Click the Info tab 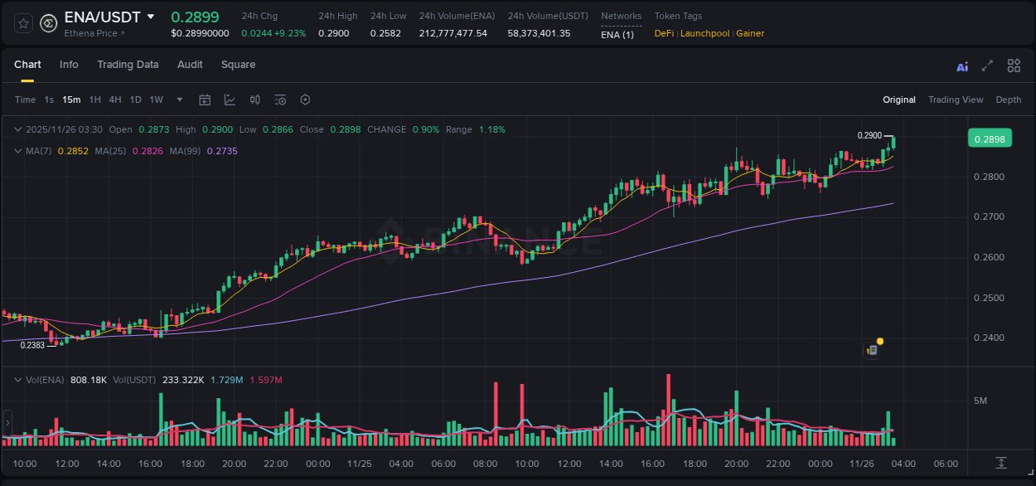click(x=69, y=65)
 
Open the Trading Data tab click(x=128, y=65)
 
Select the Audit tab click(x=190, y=65)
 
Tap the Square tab click(x=238, y=65)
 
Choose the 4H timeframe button click(x=115, y=100)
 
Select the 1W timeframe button click(x=156, y=100)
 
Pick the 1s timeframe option click(x=49, y=100)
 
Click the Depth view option click(x=1009, y=100)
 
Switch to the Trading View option click(x=956, y=100)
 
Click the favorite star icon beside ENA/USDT click(x=23, y=23)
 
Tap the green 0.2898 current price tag click(x=990, y=139)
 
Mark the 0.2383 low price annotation click(x=33, y=345)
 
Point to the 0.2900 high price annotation click(x=869, y=135)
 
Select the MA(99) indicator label click(x=186, y=151)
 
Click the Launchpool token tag click(x=704, y=33)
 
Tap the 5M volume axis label click(x=980, y=401)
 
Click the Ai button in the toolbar click(x=962, y=66)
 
